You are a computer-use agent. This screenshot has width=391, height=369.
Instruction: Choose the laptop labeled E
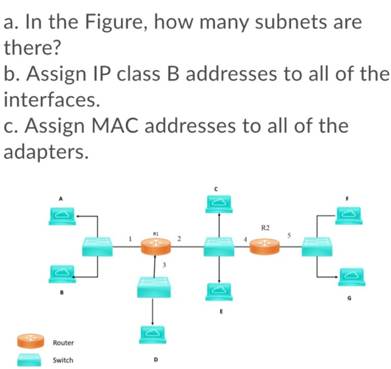pos(219,291)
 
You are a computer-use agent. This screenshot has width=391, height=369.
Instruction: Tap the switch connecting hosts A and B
pos(98,246)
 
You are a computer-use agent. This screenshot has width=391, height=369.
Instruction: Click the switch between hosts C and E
pos(219,246)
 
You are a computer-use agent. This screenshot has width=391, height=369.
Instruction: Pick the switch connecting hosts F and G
pos(317,246)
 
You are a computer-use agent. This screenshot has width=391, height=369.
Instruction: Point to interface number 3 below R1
pos(164,264)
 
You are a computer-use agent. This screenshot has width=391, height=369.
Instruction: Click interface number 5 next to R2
pos(289,236)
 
